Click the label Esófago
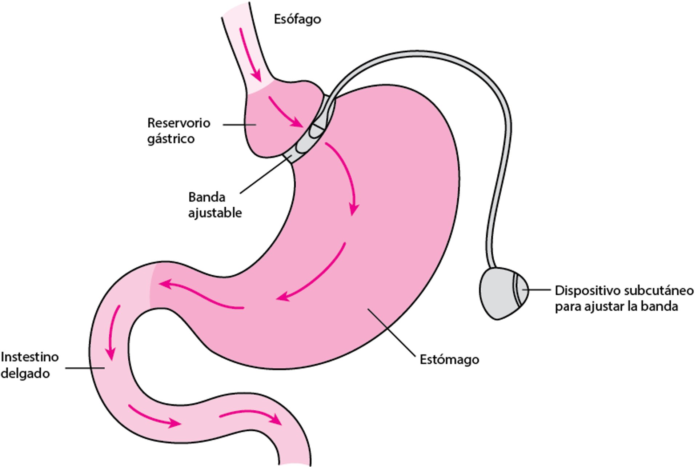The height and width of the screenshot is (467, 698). click(297, 19)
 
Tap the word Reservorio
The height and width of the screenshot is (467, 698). click(178, 123)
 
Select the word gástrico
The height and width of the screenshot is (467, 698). click(171, 139)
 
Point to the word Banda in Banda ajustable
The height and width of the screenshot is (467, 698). click(206, 197)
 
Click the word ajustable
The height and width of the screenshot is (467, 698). click(215, 213)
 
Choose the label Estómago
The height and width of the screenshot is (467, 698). click(449, 360)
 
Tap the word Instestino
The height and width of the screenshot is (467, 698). click(29, 357)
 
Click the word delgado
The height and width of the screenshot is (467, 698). click(25, 374)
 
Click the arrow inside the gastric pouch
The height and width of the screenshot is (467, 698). click(285, 112)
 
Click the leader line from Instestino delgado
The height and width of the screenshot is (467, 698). click(85, 368)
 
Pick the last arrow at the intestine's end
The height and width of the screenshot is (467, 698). click(251, 416)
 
